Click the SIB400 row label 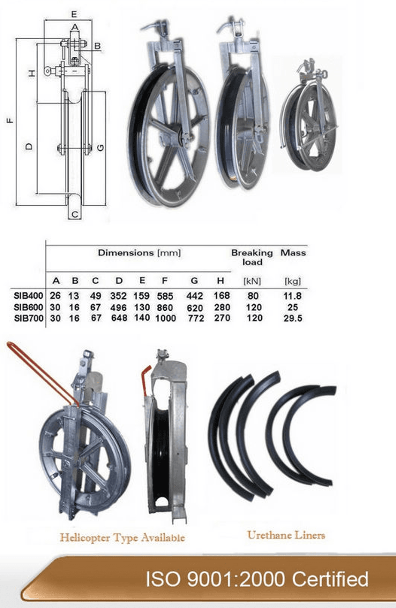[28, 296]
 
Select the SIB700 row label [28, 318]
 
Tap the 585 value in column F [165, 296]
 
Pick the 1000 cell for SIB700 [166, 318]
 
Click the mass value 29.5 [293, 318]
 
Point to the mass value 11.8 [292, 296]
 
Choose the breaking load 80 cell [253, 296]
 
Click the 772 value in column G [196, 318]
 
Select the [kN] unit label [252, 281]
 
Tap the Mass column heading [293, 253]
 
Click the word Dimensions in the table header [126, 253]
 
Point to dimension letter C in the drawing [75, 214]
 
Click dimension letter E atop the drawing [74, 14]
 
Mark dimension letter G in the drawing [101, 147]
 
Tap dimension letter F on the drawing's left [11, 120]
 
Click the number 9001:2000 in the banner [235, 579]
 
